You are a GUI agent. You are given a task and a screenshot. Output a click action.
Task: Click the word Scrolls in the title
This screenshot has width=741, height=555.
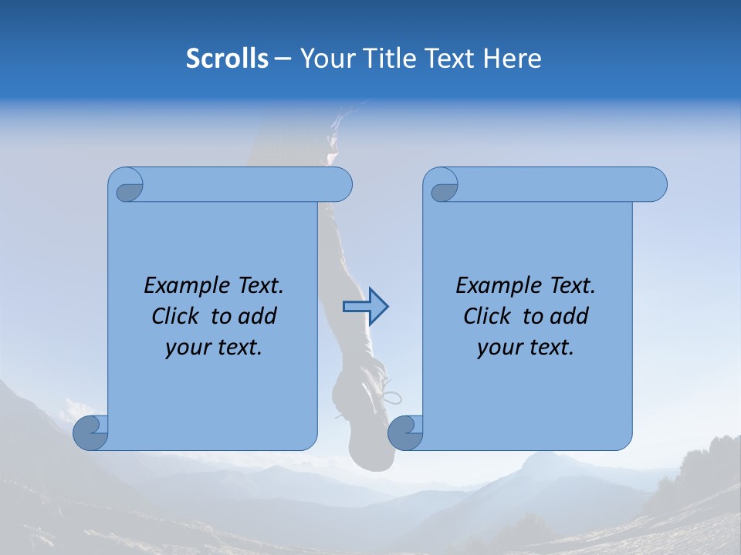click(x=228, y=59)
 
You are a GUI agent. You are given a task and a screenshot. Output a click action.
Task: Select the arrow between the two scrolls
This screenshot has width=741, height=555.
click(x=365, y=307)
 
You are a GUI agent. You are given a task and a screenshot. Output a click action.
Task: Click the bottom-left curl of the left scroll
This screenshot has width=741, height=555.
click(x=91, y=432)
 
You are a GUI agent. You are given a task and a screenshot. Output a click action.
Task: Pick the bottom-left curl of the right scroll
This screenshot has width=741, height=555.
click(x=405, y=432)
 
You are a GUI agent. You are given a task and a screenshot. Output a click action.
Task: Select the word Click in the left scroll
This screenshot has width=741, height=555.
click(x=176, y=316)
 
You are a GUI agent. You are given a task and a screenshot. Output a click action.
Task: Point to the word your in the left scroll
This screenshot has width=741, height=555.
click(x=188, y=348)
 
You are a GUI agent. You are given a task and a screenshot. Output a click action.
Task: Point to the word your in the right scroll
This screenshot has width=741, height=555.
click(x=499, y=348)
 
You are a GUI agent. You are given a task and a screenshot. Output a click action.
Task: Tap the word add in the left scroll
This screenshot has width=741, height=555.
click(x=258, y=316)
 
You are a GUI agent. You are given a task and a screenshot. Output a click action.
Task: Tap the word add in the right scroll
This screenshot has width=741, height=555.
click(x=570, y=316)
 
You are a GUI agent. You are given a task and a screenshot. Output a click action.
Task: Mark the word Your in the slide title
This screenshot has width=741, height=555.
click(x=323, y=59)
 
